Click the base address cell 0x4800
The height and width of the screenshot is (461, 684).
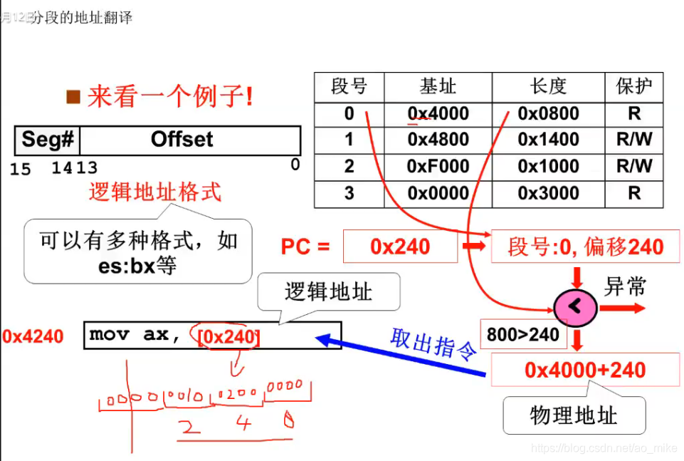point(438,140)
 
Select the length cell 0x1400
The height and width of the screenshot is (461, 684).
point(548,140)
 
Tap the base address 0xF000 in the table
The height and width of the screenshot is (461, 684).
point(438,167)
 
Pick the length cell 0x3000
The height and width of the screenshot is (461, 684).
point(548,193)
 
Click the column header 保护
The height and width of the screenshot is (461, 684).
point(633,87)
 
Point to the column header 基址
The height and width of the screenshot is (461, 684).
point(438,87)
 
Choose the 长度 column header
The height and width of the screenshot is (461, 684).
point(548,87)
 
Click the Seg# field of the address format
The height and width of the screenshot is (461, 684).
point(48,140)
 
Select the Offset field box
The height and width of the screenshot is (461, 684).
point(189,140)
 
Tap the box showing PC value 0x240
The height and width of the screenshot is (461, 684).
point(400,247)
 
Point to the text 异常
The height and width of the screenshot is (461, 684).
point(625,287)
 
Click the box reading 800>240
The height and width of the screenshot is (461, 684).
point(522,334)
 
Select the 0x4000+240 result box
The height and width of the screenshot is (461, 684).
point(584,371)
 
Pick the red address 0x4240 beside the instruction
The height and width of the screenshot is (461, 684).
point(33,336)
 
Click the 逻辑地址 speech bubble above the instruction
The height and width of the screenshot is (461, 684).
point(328,291)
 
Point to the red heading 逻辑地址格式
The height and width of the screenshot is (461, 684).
point(155,192)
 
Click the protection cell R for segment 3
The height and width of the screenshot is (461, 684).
point(633,193)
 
